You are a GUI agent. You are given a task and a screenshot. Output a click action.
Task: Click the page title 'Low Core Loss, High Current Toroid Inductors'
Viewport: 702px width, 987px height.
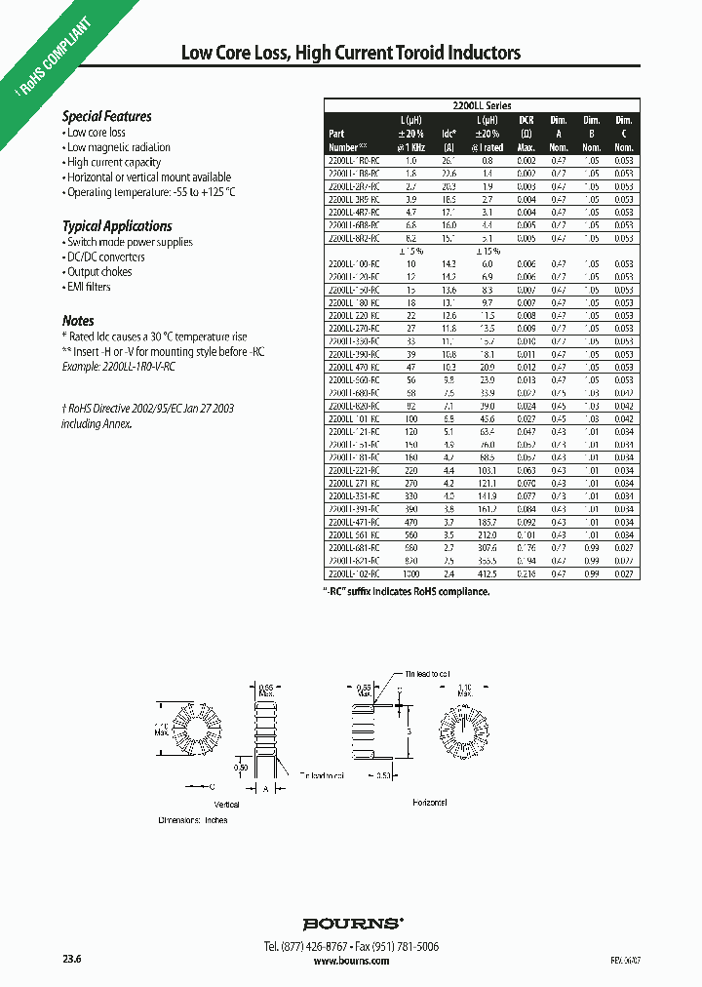coord(351,54)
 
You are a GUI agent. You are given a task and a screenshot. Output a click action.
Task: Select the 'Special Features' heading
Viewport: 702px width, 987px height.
coord(107,116)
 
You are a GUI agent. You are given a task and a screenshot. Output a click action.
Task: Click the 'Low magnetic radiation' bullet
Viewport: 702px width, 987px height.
coord(118,147)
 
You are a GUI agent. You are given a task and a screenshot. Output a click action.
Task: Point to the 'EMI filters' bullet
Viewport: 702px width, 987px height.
coord(88,287)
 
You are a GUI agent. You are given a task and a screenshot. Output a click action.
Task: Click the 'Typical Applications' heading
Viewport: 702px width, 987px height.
coord(117,226)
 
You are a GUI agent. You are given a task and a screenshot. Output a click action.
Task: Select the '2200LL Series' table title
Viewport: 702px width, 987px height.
coord(482,105)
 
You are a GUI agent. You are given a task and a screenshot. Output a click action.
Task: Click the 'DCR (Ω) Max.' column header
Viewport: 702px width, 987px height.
coord(526,133)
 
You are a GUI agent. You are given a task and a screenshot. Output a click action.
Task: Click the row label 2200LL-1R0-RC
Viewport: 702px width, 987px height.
coord(352,159)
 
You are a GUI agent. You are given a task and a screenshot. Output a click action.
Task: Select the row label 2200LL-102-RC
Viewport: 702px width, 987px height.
coord(352,575)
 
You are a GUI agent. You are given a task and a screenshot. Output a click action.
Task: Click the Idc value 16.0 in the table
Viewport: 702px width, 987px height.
coord(448,224)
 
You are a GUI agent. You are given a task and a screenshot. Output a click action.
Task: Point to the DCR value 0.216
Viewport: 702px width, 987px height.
coord(526,575)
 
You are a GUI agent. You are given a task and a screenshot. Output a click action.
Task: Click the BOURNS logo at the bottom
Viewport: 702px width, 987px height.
coord(351,923)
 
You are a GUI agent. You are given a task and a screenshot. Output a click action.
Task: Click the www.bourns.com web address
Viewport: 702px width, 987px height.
coord(351,961)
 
